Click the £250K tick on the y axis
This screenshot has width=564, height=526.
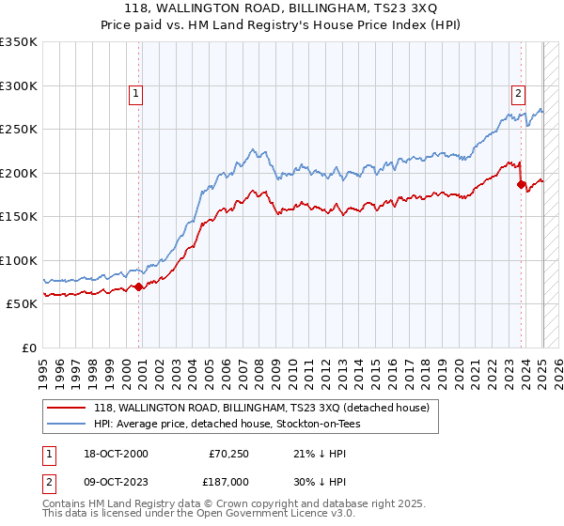point(19,130)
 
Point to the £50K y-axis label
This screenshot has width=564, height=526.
point(22,304)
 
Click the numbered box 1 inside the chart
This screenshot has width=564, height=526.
point(136,93)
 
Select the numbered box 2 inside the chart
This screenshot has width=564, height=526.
point(518,93)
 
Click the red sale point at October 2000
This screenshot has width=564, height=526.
point(139,286)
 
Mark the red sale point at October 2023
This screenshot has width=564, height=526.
point(521,185)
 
